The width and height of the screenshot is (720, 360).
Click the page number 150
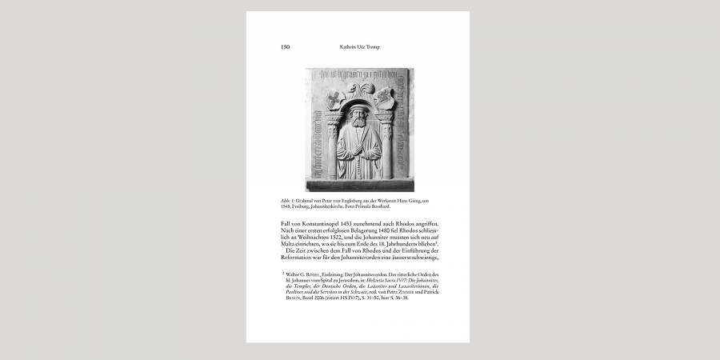click(285, 47)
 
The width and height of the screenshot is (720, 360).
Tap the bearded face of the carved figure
click(358, 119)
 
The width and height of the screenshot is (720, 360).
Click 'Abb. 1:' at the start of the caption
click(286, 200)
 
